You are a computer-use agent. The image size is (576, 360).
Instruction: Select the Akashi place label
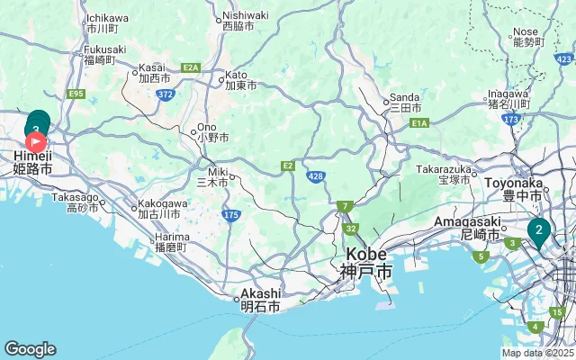[x=260, y=300]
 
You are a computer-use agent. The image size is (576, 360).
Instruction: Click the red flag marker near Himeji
[x=36, y=141]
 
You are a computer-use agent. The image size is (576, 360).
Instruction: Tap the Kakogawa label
[x=162, y=209]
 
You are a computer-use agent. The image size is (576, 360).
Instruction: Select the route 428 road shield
[x=315, y=176]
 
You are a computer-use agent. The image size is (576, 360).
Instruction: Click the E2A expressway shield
[x=191, y=67]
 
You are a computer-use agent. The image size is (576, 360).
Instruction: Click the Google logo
[x=30, y=349]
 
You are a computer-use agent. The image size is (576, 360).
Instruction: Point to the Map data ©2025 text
[x=537, y=354]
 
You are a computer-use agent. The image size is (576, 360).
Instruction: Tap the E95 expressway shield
[x=76, y=94]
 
